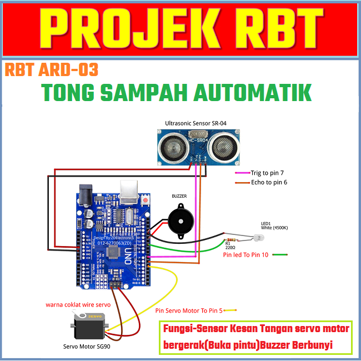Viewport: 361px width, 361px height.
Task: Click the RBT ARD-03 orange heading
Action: tap(51, 70)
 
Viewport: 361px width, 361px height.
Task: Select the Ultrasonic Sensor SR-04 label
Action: tap(195, 123)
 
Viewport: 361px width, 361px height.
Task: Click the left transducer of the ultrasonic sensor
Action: tap(168, 146)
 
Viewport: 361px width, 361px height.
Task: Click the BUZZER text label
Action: tap(179, 197)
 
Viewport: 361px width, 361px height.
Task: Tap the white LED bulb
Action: tap(258, 238)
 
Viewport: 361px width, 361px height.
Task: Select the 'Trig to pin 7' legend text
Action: tap(267, 173)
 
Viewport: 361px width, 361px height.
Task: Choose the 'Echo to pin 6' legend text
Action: tap(269, 182)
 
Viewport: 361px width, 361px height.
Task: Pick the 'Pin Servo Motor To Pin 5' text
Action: tap(189, 310)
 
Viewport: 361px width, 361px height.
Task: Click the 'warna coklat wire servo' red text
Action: tap(78, 304)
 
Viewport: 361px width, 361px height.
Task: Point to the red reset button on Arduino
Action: tap(146, 199)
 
